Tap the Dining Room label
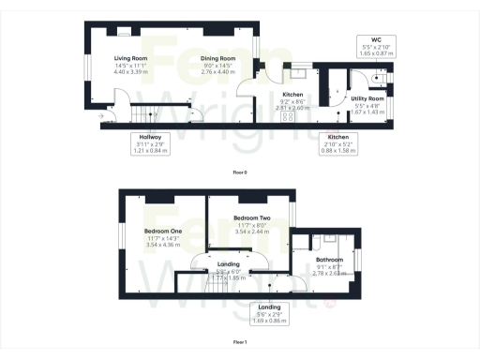(x=217, y=57)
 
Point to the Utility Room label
(x=367, y=97)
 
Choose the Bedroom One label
(x=163, y=231)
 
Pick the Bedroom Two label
(x=251, y=217)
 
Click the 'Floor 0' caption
(x=239, y=172)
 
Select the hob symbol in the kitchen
(x=288, y=118)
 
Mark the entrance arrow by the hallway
(x=100, y=116)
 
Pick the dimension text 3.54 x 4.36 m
(x=163, y=245)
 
